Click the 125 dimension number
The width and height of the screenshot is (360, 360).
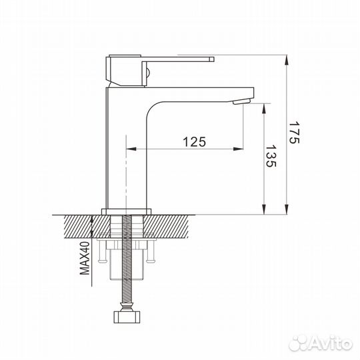(193, 141)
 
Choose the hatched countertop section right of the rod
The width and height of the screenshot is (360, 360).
(177, 225)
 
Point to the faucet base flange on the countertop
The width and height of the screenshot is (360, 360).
(126, 211)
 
